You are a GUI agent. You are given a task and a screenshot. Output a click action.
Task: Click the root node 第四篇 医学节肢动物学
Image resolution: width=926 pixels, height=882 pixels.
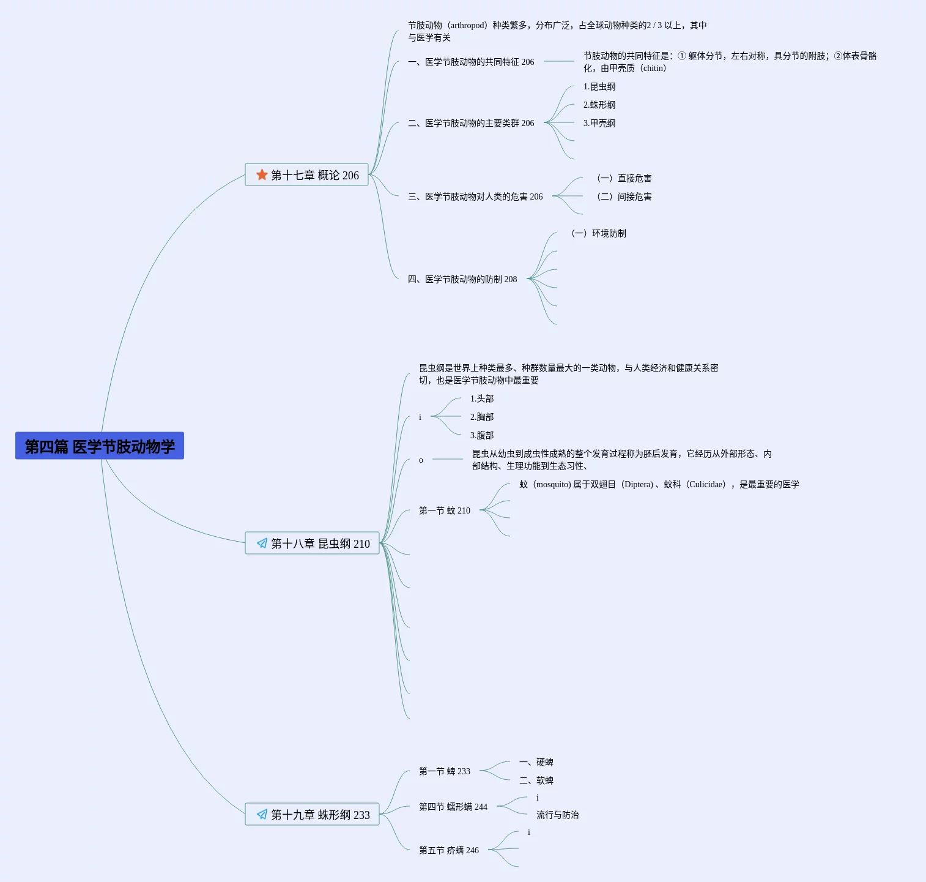tap(100, 446)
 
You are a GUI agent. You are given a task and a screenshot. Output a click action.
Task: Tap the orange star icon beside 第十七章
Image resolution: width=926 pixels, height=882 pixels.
tap(262, 175)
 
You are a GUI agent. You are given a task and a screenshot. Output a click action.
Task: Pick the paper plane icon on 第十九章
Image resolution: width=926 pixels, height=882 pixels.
tap(262, 815)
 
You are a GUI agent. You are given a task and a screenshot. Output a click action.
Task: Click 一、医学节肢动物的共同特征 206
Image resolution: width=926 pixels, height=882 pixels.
tap(471, 62)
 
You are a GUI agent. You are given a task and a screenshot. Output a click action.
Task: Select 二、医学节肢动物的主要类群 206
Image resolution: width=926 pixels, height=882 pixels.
tap(471, 123)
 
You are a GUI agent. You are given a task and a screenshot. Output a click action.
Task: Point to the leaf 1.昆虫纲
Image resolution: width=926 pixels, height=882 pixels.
tap(599, 86)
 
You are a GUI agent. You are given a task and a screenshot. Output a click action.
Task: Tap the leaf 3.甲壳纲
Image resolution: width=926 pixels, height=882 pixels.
tap(599, 123)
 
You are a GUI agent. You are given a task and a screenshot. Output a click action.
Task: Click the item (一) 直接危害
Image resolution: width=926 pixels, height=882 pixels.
tap(624, 178)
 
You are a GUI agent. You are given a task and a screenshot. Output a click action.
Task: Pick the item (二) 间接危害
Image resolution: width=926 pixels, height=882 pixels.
tap(624, 196)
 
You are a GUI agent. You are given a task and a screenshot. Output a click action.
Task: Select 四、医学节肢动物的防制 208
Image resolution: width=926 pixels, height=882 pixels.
tap(462, 279)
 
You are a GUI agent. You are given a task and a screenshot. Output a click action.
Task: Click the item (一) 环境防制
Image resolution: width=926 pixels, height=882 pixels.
tap(598, 233)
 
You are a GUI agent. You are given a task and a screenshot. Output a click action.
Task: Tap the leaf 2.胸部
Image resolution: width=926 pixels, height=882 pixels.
tap(482, 417)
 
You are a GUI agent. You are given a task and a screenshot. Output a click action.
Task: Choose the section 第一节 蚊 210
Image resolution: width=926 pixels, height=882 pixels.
tap(445, 510)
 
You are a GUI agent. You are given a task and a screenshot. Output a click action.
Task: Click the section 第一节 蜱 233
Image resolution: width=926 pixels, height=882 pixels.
tap(445, 771)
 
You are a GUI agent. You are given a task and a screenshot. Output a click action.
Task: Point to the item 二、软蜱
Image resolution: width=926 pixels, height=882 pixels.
tap(536, 780)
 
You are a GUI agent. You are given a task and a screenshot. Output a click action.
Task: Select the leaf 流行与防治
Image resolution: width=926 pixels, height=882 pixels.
tap(558, 815)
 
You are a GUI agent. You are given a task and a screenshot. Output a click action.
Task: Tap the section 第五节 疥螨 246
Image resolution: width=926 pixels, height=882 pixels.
tap(449, 850)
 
